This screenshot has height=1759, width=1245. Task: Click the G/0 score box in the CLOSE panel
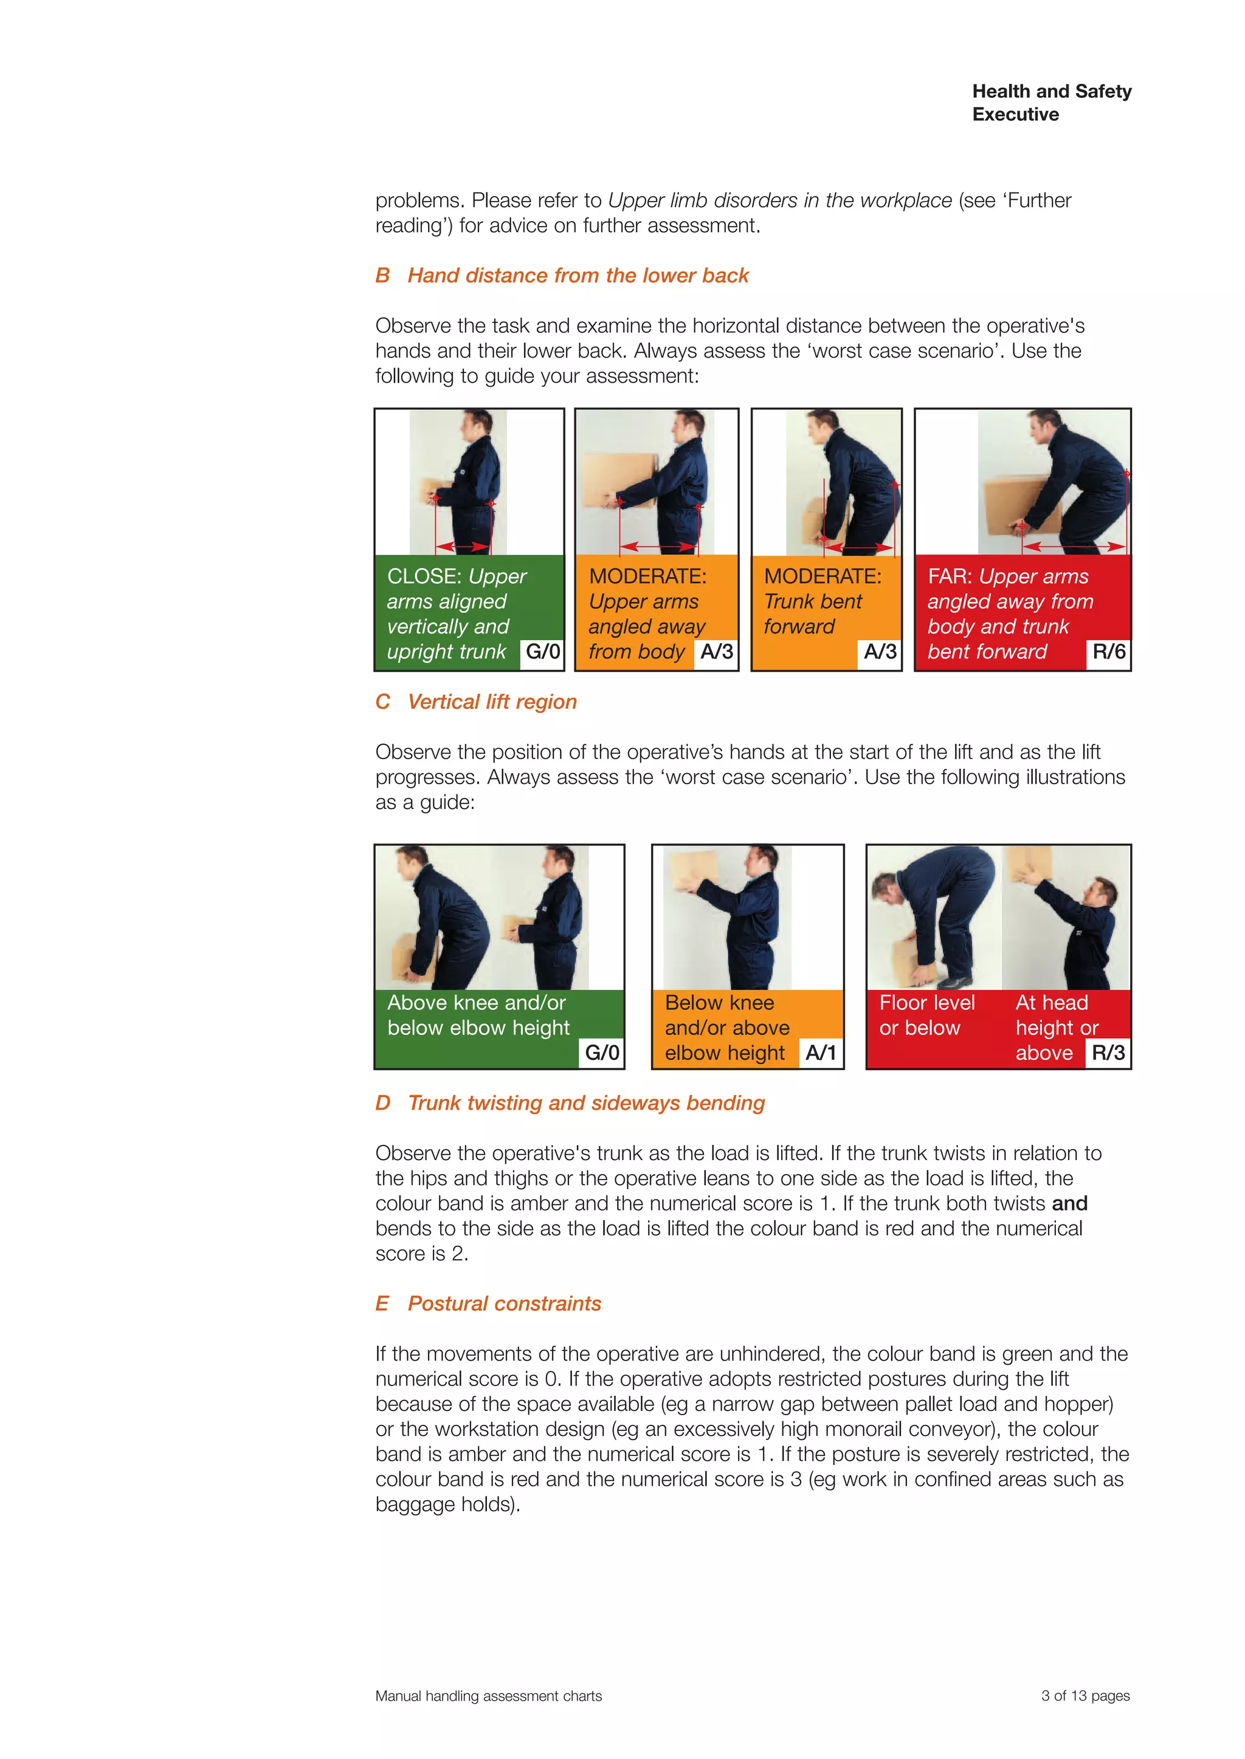click(542, 652)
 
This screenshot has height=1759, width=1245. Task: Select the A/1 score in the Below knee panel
click(820, 1053)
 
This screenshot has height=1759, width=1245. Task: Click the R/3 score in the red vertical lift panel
click(1108, 1053)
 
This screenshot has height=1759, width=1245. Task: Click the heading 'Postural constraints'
click(504, 1303)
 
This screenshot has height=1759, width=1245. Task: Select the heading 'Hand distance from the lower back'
click(578, 276)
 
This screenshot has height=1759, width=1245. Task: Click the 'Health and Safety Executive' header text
click(1051, 103)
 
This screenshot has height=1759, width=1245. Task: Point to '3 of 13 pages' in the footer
click(1085, 1695)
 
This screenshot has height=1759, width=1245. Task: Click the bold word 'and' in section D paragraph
click(1069, 1204)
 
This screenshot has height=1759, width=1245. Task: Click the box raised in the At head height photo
click(1028, 864)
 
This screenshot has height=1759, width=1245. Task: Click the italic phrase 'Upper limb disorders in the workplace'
click(780, 200)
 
